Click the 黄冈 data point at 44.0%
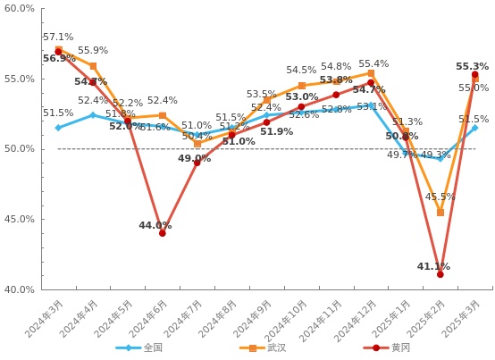(163, 233)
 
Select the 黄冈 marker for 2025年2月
(440, 274)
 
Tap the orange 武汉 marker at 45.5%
(440, 213)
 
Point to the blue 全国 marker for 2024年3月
(58, 128)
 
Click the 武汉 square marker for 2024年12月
(371, 73)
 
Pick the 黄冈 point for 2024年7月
(197, 163)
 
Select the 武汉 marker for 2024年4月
(93, 66)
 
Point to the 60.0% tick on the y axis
(19, 9)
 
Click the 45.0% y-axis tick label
(19, 219)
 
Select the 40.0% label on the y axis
(19, 289)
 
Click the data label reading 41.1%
(433, 266)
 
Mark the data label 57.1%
(58, 38)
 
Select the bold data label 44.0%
(155, 226)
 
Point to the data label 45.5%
(440, 197)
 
